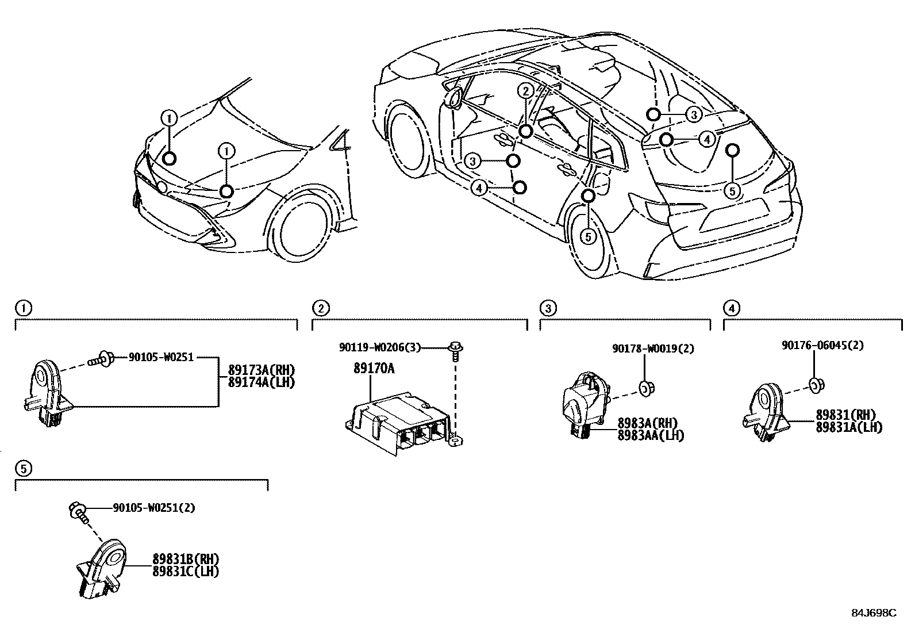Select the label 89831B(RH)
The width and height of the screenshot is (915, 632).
coord(186,559)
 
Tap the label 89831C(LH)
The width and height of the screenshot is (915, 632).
coord(186,571)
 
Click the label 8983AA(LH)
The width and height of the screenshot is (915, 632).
coord(651,435)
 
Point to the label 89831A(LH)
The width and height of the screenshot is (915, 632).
coord(849,427)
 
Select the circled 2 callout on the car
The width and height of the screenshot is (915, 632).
coord(525,91)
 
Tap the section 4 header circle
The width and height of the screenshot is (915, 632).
coord(731,309)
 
